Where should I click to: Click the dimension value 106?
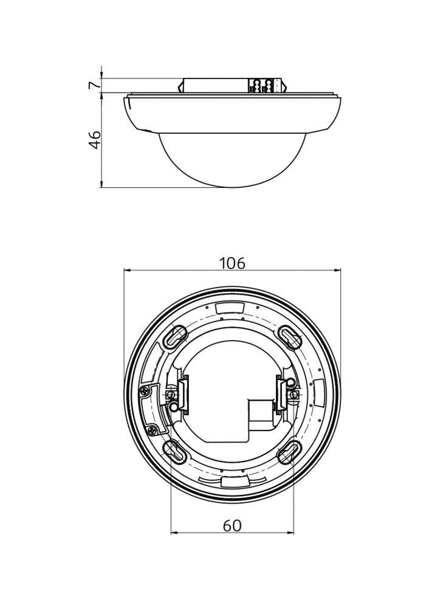tap(232, 263)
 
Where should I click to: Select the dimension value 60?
tap(232, 525)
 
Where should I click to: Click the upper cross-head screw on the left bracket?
tap(145, 389)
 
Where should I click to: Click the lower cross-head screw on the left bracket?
tap(151, 430)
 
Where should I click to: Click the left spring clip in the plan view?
tap(183, 395)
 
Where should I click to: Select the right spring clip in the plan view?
tap(281, 393)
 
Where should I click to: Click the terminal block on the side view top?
tap(266, 86)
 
